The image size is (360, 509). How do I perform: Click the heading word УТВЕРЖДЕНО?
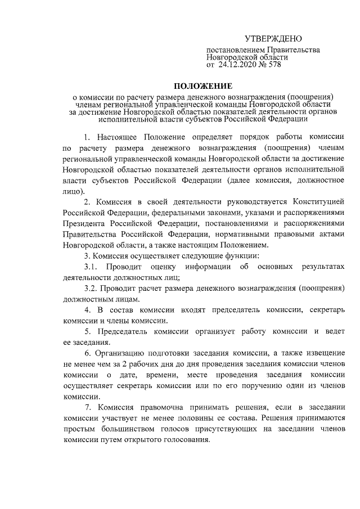[x=273, y=39]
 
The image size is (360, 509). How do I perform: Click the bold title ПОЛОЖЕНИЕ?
[x=202, y=86]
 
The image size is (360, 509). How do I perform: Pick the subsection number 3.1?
[x=92, y=267]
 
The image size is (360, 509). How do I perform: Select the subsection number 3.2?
[x=92, y=289]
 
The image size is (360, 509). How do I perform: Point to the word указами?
[x=244, y=212]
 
